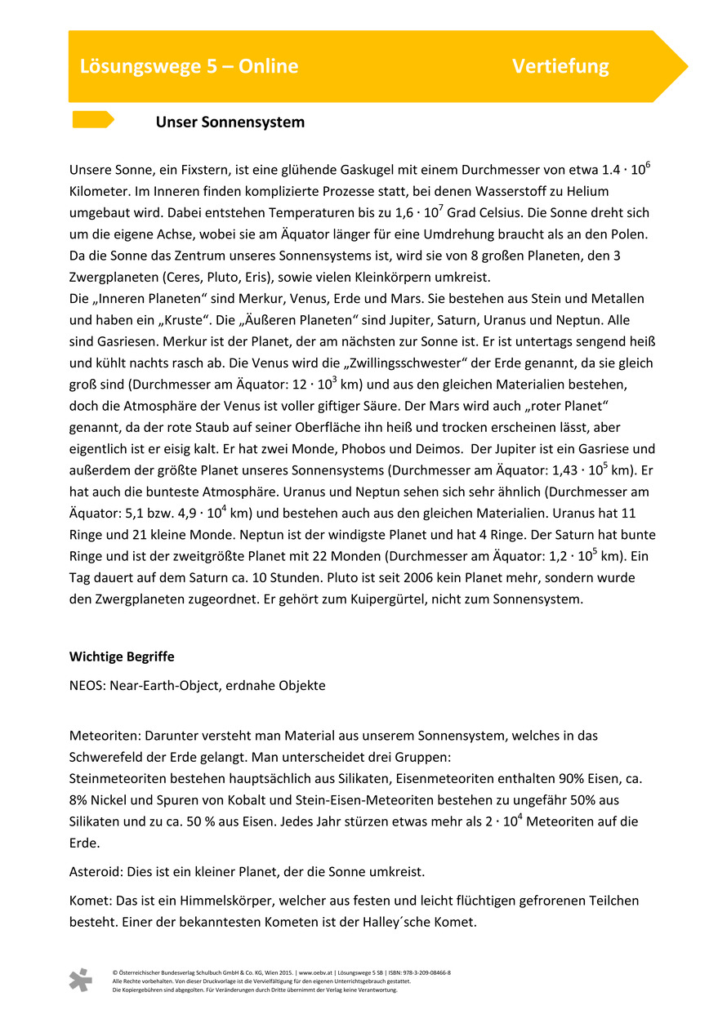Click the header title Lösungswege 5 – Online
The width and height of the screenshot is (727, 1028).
pos(189,66)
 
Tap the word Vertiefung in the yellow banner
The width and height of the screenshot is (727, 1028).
pos(560,66)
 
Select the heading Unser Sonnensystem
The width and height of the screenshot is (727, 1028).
pos(230,122)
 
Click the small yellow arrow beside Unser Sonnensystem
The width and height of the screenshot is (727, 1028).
pos(92,120)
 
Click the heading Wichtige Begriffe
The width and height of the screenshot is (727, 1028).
pos(122,656)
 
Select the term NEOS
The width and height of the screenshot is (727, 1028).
pos(87,686)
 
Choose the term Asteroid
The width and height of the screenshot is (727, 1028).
pos(96,872)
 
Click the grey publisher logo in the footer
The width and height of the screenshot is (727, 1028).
pos(80,980)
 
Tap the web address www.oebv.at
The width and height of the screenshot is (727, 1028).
pos(316,973)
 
